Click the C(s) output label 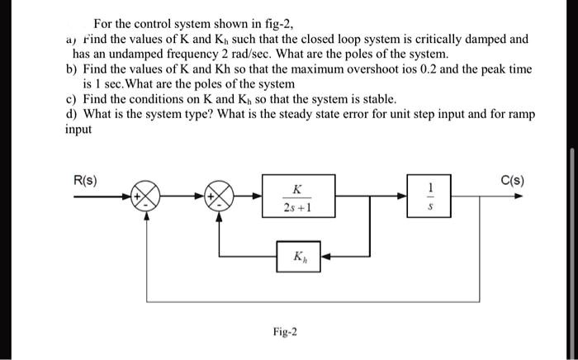point(512,182)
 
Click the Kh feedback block point(299,256)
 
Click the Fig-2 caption point(285,333)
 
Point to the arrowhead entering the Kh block point(325,256)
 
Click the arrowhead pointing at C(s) point(518,197)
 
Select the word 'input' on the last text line point(79,129)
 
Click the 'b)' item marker point(70,69)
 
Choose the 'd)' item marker point(70,113)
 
